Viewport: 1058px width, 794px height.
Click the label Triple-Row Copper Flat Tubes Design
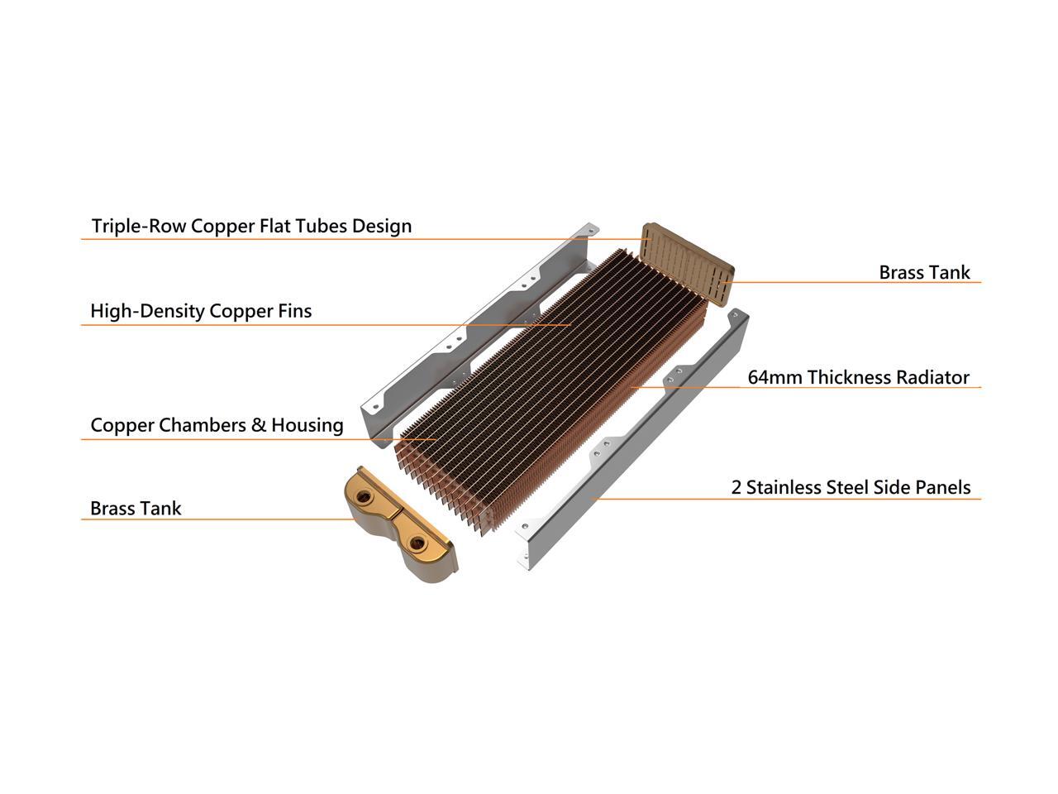(251, 226)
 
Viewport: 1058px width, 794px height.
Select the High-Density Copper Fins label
(201, 311)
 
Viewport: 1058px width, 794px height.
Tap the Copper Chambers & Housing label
(217, 425)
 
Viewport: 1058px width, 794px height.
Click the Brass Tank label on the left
(136, 508)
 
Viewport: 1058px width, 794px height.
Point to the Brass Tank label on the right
(924, 272)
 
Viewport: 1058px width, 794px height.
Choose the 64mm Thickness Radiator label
(858, 377)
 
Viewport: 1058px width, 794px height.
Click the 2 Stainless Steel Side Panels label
(851, 487)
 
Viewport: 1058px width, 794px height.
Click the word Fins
(295, 311)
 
